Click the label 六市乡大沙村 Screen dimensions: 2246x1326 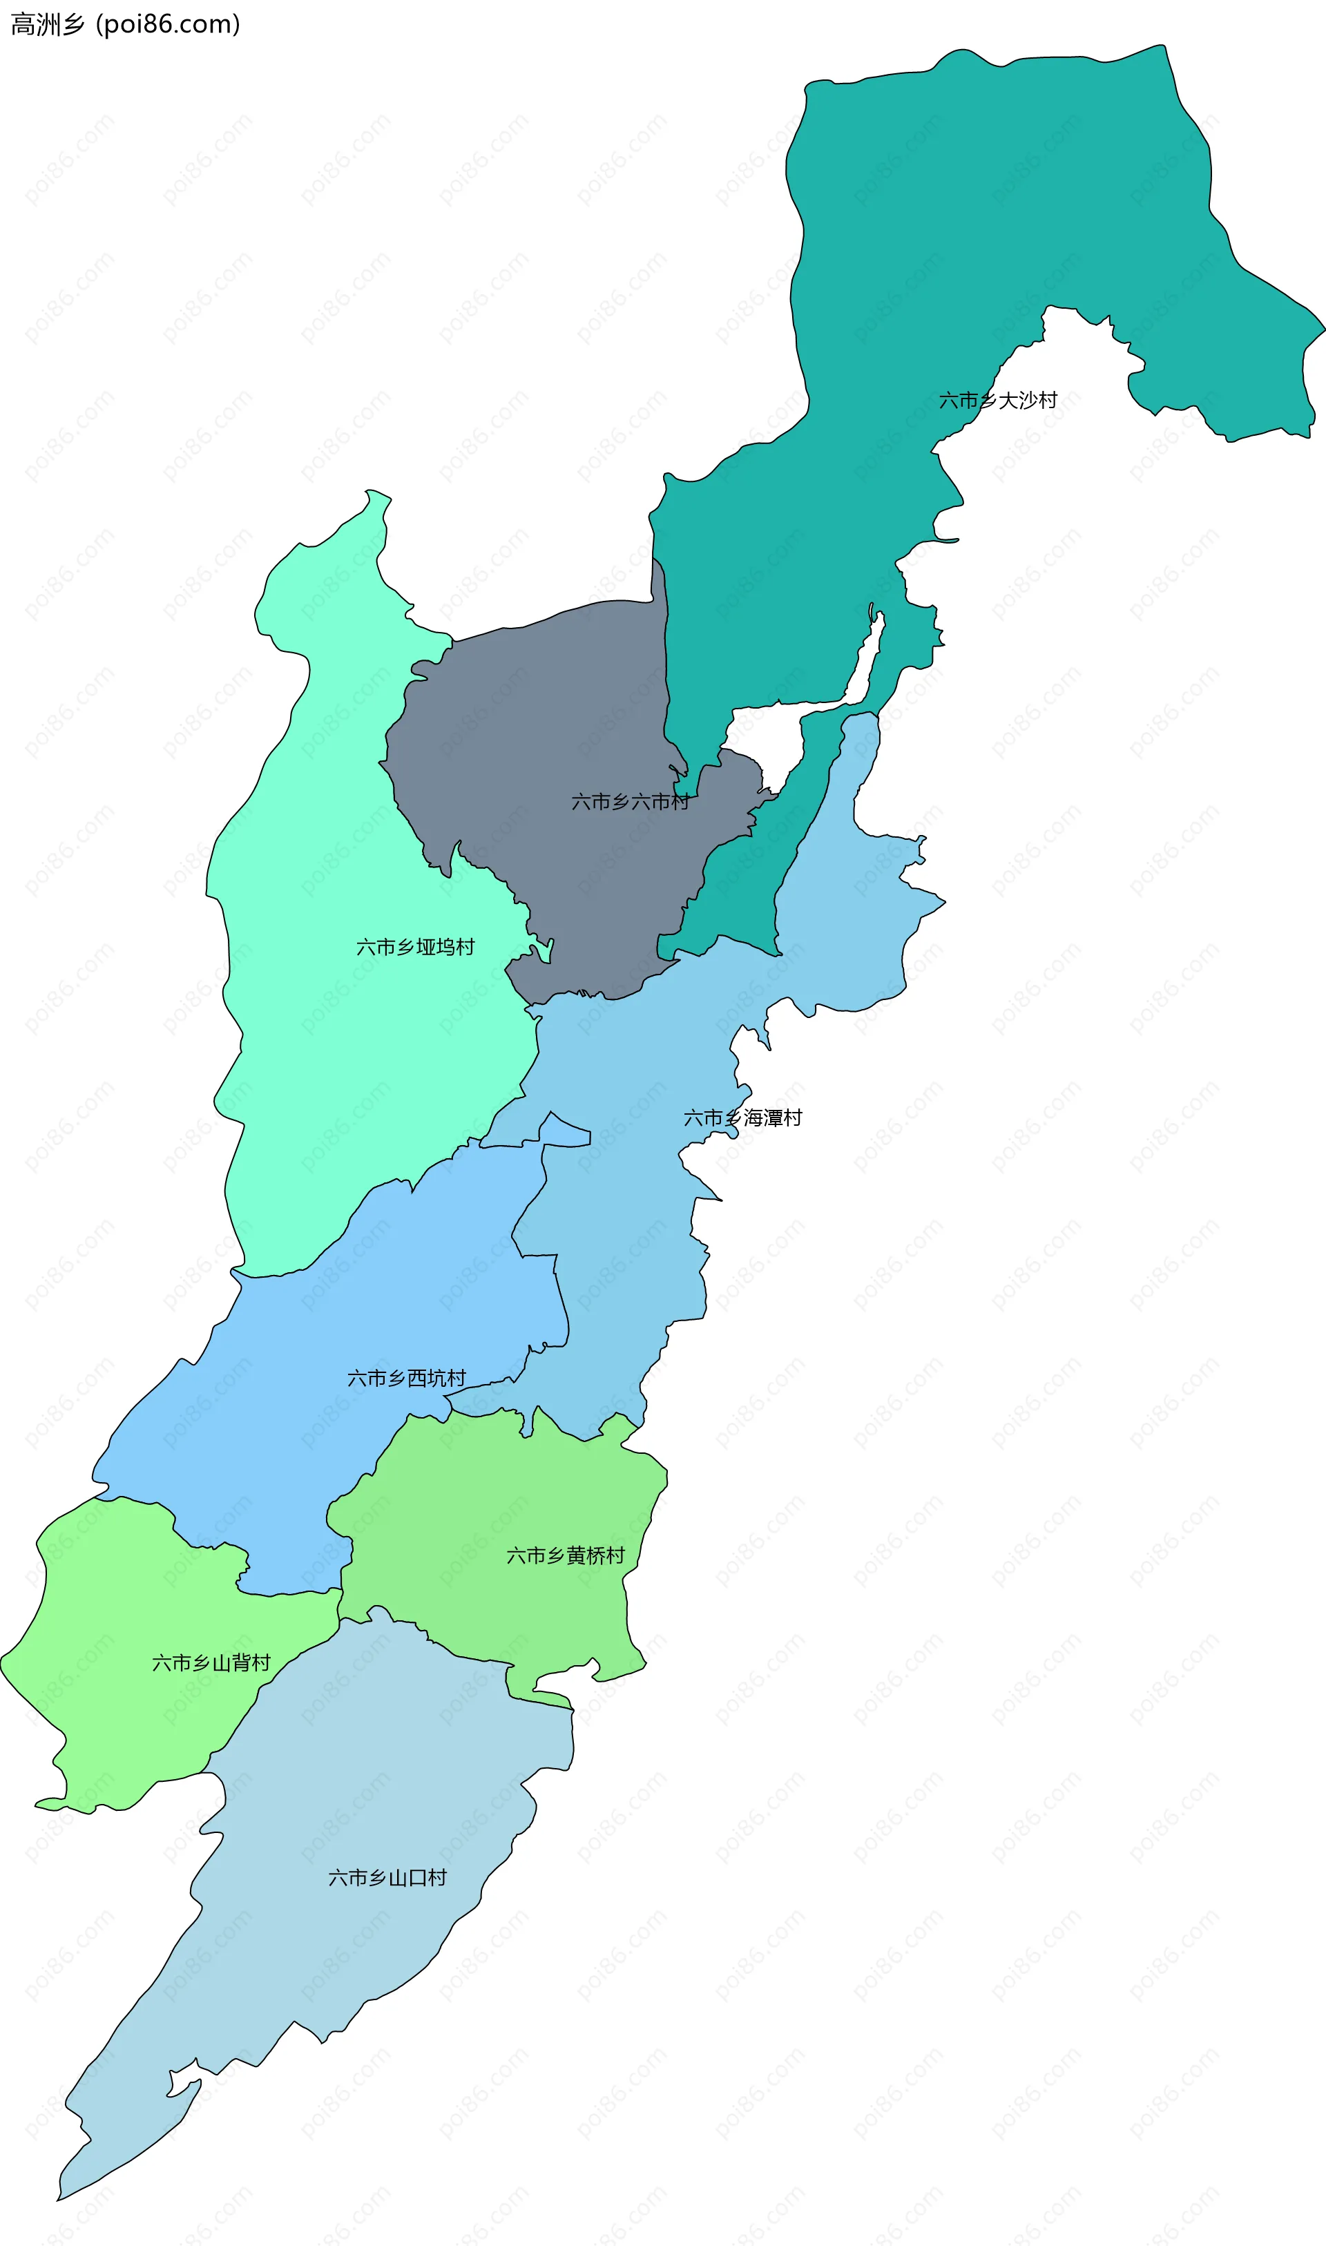coord(997,401)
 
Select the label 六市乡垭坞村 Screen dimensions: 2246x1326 coord(416,947)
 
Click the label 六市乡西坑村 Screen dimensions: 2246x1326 coord(407,1378)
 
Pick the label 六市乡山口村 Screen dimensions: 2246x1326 coord(387,1878)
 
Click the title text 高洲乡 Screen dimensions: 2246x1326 coord(46,24)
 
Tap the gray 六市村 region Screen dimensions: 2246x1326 coord(554,715)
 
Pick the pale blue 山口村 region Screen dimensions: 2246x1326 coord(358,1966)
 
